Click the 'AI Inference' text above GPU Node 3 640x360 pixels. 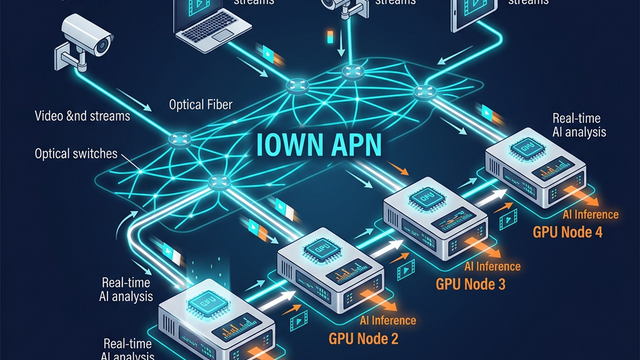point(490,267)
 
